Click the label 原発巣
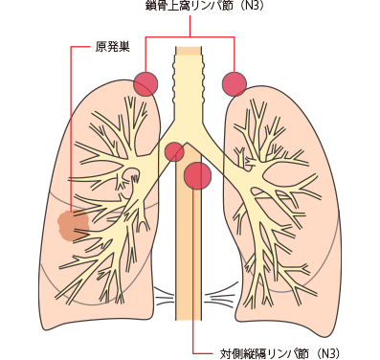point(112,47)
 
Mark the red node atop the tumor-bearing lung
point(145,83)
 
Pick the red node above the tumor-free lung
point(234,83)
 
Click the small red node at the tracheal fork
point(174,151)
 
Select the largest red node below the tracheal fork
point(197,175)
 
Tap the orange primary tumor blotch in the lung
point(73,226)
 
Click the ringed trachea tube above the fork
point(188,86)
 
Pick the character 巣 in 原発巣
point(124,47)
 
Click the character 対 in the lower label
point(226,352)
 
